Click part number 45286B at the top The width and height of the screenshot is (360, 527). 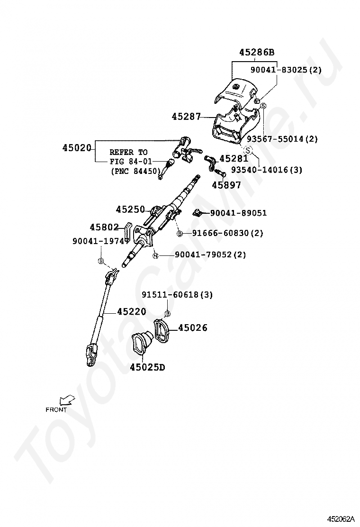[x=257, y=52]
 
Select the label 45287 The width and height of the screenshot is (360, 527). [x=186, y=117]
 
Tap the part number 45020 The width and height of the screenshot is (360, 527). [x=77, y=147]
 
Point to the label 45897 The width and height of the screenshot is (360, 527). [x=226, y=185]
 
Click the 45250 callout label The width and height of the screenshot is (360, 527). [x=130, y=209]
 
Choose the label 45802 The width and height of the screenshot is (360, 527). [x=104, y=227]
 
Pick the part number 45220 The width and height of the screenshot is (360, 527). [x=132, y=311]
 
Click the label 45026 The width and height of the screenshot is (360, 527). [x=193, y=327]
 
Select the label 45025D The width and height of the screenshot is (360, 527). [x=147, y=367]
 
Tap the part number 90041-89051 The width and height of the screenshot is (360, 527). [x=238, y=213]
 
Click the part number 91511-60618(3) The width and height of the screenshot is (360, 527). [x=177, y=295]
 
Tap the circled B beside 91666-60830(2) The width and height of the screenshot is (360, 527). [x=180, y=233]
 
